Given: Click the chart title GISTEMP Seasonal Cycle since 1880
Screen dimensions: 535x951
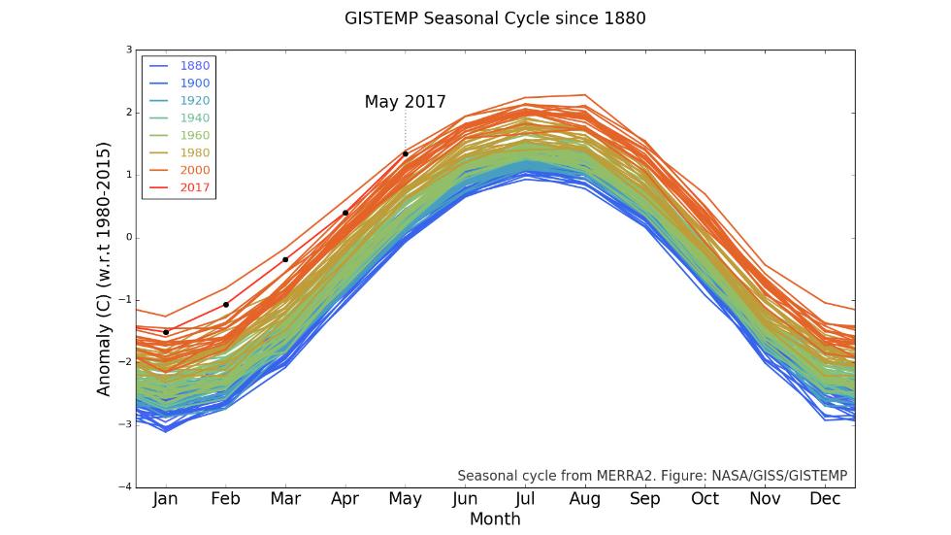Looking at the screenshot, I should point(495,18).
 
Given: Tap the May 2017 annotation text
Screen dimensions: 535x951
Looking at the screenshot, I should point(405,101).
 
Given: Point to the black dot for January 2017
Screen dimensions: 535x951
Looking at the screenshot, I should point(166,332).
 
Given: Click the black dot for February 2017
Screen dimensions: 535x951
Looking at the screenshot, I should point(226,304).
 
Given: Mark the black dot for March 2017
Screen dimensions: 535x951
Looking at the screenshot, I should point(285,259).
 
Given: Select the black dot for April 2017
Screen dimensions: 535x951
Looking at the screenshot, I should point(345,213).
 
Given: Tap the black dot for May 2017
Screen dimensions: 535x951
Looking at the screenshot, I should point(405,153).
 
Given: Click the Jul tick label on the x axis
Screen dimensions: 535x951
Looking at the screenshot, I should point(525,499).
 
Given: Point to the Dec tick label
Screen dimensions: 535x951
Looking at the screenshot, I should point(825,499).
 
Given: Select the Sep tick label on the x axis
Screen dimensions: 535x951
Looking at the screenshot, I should point(644,499).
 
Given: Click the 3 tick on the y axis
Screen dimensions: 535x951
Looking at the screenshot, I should point(129,50).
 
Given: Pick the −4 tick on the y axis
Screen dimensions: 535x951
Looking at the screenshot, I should point(126,486).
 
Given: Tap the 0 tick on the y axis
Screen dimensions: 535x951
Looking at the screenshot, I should point(129,237).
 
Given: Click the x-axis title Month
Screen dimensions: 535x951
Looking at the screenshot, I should point(495,519).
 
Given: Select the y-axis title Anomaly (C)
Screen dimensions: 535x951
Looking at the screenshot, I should point(104,268).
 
